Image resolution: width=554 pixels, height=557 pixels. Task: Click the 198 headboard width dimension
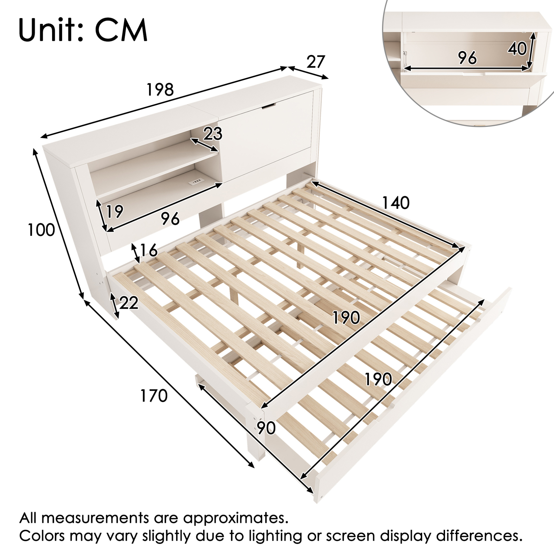[x=160, y=90]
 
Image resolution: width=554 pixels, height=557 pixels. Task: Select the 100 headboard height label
[x=41, y=230]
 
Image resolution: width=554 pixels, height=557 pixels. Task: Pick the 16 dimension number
[x=148, y=250]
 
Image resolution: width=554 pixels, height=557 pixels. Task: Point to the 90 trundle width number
[x=266, y=428]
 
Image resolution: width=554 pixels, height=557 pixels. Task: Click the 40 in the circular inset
[x=517, y=48]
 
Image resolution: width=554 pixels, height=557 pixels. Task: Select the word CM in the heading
[x=121, y=30]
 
